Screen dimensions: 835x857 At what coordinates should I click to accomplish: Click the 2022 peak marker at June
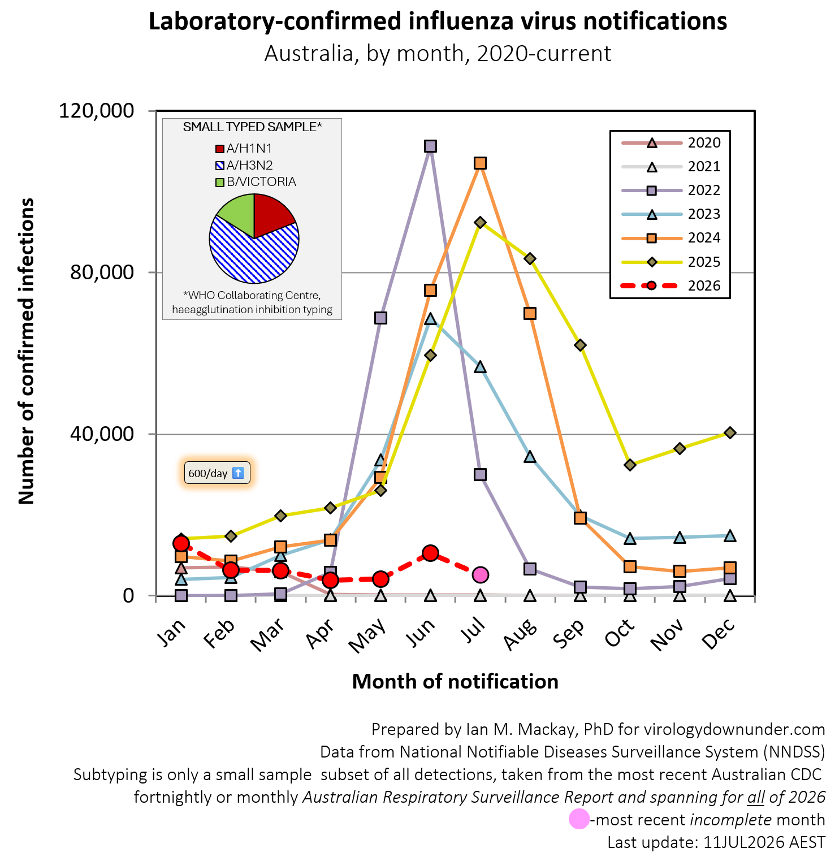click(x=430, y=146)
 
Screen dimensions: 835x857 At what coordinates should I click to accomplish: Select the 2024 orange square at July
click(x=480, y=163)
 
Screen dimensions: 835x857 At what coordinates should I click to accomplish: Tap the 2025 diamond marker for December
click(x=730, y=432)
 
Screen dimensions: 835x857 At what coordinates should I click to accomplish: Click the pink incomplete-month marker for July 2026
click(x=480, y=575)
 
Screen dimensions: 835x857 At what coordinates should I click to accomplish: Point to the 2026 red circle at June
click(x=430, y=553)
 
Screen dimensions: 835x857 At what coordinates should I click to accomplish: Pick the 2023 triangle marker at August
click(x=530, y=456)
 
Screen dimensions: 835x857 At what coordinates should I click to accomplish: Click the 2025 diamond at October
click(x=630, y=465)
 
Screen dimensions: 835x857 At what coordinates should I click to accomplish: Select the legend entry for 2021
click(x=671, y=167)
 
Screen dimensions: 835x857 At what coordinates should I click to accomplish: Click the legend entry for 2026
click(x=671, y=285)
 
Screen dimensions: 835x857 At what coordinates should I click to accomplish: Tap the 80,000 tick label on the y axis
click(x=102, y=272)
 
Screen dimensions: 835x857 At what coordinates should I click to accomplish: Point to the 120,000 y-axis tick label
click(x=97, y=110)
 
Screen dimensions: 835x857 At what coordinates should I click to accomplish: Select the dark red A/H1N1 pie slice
click(x=273, y=214)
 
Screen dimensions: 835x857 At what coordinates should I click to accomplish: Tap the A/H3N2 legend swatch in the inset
click(x=220, y=166)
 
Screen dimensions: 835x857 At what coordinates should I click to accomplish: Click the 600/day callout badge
click(x=217, y=473)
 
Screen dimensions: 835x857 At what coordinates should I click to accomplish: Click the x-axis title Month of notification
click(x=455, y=682)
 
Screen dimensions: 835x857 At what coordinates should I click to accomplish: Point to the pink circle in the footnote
click(x=579, y=819)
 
